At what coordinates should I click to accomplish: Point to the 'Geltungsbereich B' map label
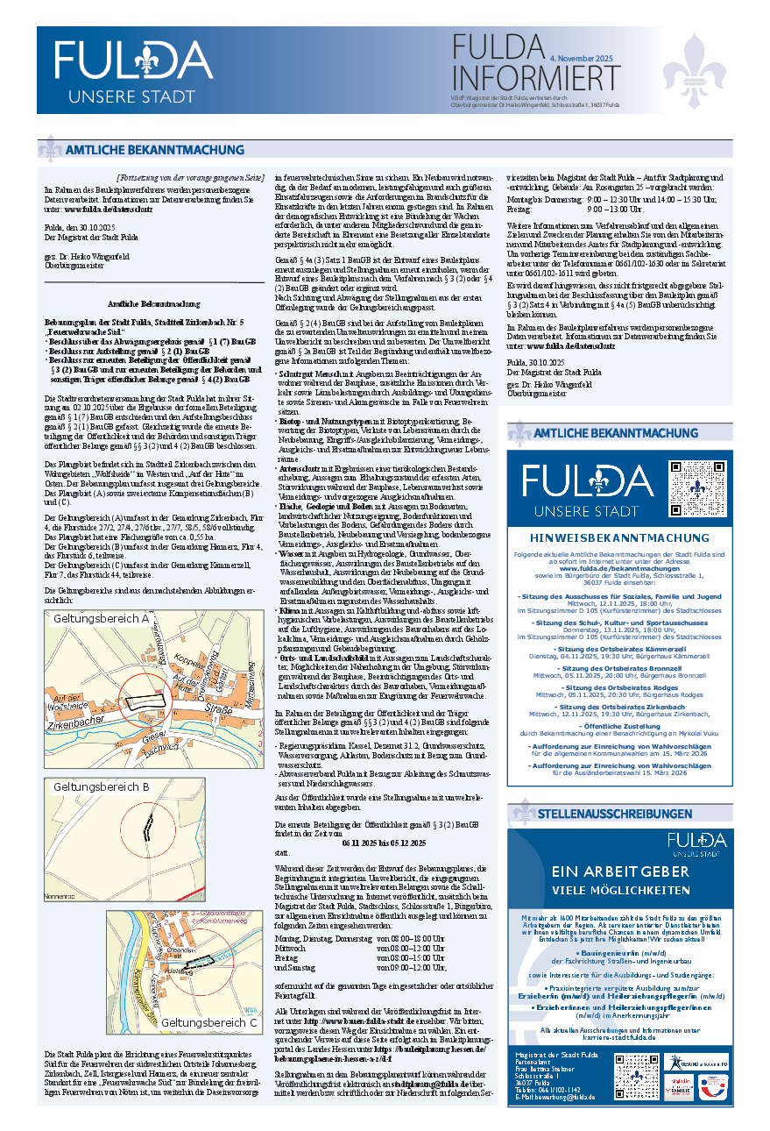(101, 786)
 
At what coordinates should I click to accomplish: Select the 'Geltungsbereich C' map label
(209, 1022)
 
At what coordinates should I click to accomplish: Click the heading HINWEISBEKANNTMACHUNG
(619, 538)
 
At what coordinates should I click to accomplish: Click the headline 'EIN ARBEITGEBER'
(619, 871)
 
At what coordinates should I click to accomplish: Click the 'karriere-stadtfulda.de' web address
(619, 1035)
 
